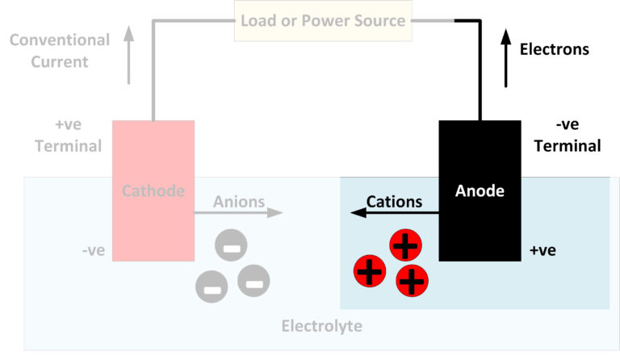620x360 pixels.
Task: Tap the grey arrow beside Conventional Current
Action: (x=128, y=56)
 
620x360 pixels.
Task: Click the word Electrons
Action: (x=554, y=49)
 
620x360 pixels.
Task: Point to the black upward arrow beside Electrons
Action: (x=506, y=57)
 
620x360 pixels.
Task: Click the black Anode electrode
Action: (x=480, y=190)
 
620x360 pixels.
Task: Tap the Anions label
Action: (x=240, y=202)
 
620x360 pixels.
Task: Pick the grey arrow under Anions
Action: (x=239, y=213)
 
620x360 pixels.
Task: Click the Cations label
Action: (x=394, y=202)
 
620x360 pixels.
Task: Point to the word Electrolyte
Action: (x=321, y=326)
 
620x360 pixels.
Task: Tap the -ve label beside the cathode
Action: (x=94, y=250)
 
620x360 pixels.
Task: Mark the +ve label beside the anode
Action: (x=542, y=250)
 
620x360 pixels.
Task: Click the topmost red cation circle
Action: (x=405, y=245)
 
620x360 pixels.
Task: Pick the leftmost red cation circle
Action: (x=370, y=271)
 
